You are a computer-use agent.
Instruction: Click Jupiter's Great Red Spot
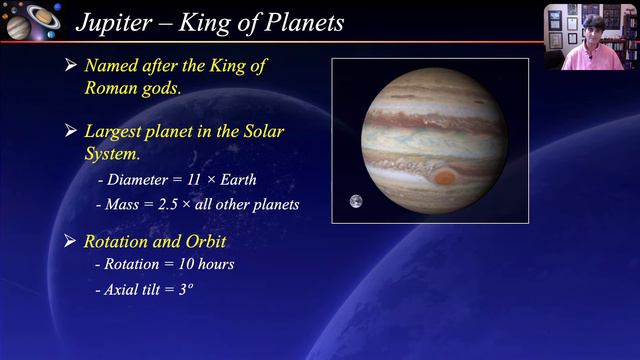click(445, 177)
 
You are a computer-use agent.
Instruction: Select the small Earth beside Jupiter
click(355, 202)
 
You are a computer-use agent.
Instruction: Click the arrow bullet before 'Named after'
click(71, 66)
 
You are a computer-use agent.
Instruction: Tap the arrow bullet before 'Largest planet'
click(71, 131)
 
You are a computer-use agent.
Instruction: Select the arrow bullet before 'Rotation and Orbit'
click(71, 241)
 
